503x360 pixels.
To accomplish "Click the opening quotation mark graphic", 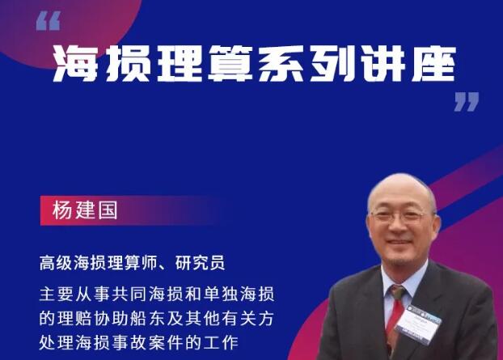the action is pos(49,21).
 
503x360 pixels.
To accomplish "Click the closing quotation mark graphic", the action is pos(467,102).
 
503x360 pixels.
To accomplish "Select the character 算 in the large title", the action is pos(230,63).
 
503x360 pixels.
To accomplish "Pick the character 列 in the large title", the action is pos(332,63).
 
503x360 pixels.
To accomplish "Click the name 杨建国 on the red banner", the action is pos(85,210).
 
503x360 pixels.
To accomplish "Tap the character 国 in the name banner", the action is pos(108,210).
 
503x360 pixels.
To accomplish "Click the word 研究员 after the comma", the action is pos(201,263).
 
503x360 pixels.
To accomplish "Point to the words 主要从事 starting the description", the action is pos(75,294).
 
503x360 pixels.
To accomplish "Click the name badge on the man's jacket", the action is pos(418,324).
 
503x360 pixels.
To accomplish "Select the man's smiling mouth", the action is pos(399,242).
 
